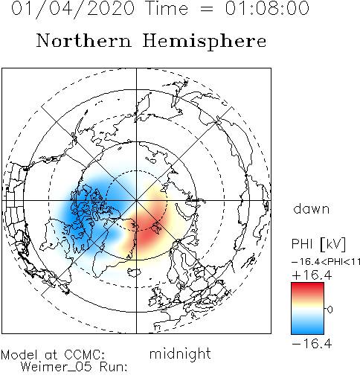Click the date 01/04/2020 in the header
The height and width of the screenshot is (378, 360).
pos(73,8)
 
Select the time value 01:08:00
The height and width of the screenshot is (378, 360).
pos(267,8)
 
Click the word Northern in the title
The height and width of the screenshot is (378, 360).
pos(84,41)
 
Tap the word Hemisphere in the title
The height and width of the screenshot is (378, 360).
pos(205,42)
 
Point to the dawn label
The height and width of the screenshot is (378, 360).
pos(312,209)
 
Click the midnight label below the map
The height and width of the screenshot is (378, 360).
pos(180,354)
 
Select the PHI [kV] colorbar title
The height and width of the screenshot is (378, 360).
pos(318,244)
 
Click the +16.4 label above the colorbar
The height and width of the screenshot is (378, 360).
pos(312,275)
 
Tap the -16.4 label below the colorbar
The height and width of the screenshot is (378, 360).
pos(312,344)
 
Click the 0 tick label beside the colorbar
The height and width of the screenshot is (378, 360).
pos(330,310)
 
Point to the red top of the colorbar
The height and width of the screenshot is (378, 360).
pos(307,289)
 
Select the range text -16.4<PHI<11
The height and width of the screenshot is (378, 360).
pos(326,262)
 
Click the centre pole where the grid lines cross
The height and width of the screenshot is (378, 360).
pos(136,200)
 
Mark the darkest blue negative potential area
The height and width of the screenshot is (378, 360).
pos(74,214)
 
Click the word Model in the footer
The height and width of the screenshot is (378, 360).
pos(19,355)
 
